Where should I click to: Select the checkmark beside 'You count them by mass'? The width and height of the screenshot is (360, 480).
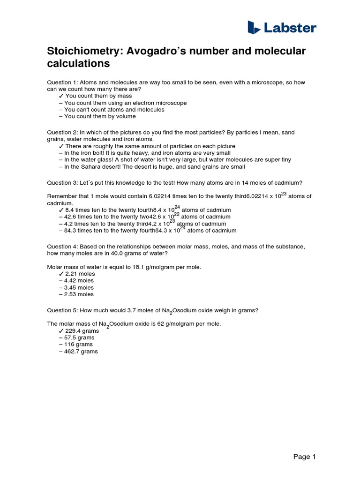tap(61, 96)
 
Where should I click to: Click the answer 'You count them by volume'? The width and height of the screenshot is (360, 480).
tap(100, 116)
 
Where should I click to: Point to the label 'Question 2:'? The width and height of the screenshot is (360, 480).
tap(62, 133)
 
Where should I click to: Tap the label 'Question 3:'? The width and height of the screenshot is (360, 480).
tap(62, 183)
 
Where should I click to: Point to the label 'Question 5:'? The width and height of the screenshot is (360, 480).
tap(62, 310)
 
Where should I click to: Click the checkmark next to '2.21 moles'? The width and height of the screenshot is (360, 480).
tap(61, 274)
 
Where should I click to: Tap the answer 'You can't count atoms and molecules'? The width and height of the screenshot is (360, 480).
tap(114, 109)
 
